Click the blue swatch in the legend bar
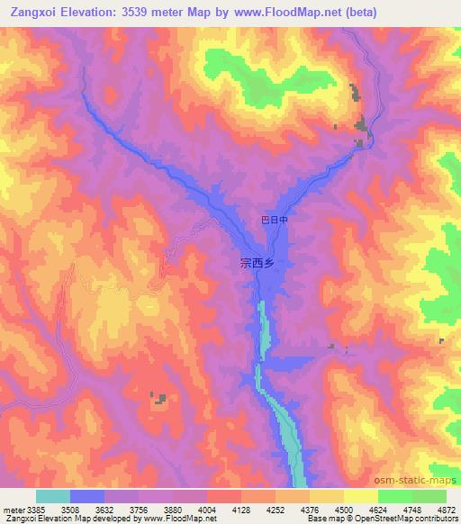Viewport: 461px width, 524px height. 86,496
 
